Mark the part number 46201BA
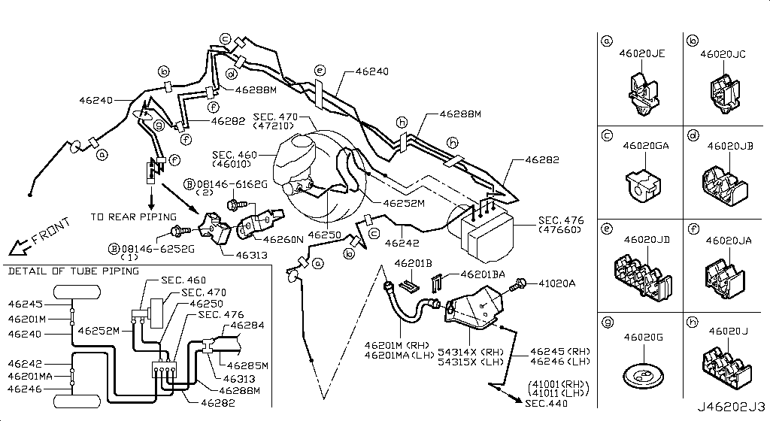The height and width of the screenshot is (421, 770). pyautogui.click(x=481, y=276)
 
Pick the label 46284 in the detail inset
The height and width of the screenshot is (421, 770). pyautogui.click(x=247, y=326)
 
